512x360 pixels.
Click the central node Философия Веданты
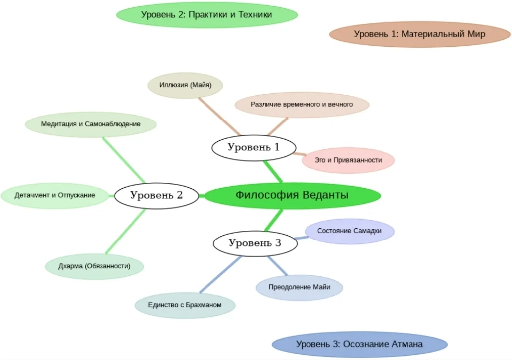click(292, 195)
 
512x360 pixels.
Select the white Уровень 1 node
click(254, 147)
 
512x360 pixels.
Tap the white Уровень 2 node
click(157, 195)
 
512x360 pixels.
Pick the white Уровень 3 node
click(255, 243)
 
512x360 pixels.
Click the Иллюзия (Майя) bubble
click(185, 85)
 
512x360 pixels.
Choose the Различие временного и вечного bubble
click(302, 105)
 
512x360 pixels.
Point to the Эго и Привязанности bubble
click(348, 160)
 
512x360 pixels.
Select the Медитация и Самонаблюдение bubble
click(91, 124)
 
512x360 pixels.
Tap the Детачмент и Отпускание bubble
click(55, 195)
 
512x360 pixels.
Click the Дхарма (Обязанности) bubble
click(94, 266)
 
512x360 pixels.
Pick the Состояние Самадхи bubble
click(349, 231)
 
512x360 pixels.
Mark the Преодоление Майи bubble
click(300, 287)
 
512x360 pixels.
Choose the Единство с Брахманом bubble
click(185, 305)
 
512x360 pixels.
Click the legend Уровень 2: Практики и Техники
click(206, 15)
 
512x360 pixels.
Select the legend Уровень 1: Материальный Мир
click(419, 34)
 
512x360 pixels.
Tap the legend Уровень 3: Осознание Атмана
click(359, 344)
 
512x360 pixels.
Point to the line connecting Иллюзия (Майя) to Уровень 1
click(219, 116)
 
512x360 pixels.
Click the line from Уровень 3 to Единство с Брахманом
click(220, 274)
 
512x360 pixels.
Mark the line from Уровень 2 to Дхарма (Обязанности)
click(126, 231)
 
